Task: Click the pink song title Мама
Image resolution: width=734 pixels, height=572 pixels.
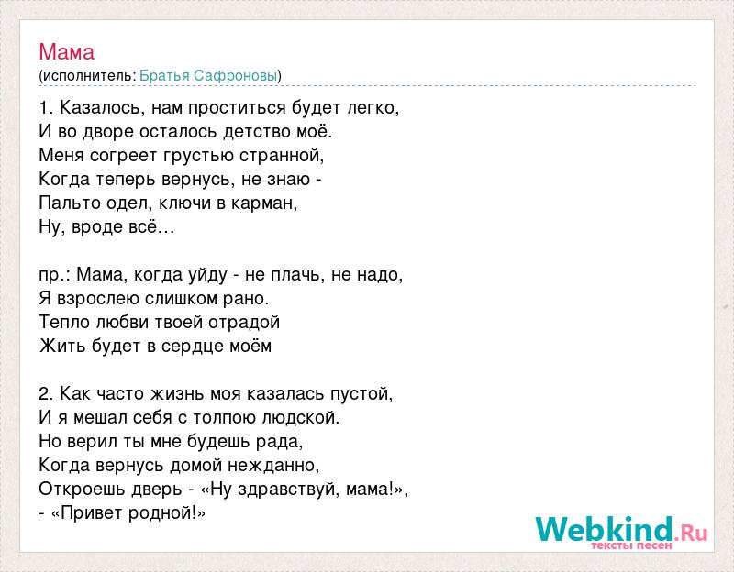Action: tap(66, 52)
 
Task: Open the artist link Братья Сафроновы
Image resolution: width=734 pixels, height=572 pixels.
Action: tap(208, 76)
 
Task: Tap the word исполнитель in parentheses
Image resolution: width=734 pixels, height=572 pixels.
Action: tap(87, 76)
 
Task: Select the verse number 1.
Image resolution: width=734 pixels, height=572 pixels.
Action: tap(45, 108)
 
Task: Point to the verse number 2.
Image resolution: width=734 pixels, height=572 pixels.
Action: tap(45, 394)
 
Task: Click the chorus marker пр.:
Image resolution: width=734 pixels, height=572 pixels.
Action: tap(54, 275)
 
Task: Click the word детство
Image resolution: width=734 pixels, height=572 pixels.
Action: tap(257, 132)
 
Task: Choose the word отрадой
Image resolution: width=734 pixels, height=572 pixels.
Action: tap(244, 323)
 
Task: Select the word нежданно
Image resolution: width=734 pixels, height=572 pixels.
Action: tap(272, 466)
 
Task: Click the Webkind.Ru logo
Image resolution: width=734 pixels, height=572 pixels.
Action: tap(621, 530)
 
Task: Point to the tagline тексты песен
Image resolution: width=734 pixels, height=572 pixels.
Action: tap(631, 545)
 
